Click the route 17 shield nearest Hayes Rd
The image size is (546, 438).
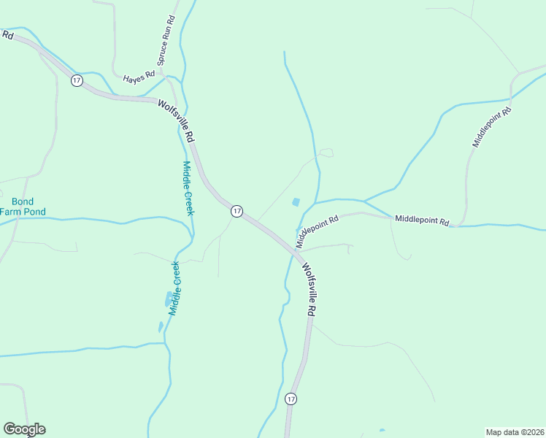[77, 80]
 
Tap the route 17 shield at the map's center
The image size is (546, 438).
[237, 211]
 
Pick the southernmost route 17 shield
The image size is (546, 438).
[291, 399]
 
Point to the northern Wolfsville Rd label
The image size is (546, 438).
[177, 120]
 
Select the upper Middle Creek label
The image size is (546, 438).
[188, 188]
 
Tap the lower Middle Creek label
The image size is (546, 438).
[175, 288]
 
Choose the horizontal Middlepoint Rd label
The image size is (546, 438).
[422, 220]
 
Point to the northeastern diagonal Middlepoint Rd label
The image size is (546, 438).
[492, 128]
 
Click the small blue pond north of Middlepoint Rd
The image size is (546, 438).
[296, 202]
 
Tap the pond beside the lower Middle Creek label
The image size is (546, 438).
[169, 299]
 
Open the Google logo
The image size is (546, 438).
[24, 429]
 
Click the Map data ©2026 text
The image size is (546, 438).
[514, 431]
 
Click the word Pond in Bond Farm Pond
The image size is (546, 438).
[34, 212]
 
